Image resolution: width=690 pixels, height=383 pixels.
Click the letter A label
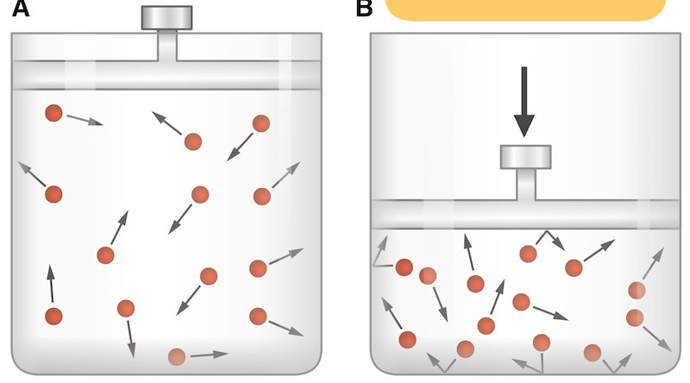click(x=20, y=9)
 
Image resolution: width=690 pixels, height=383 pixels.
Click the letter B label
click(x=364, y=9)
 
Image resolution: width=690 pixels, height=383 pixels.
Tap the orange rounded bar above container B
click(x=525, y=9)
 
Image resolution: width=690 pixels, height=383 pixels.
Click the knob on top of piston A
click(x=166, y=17)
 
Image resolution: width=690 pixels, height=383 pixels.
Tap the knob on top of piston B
click(x=525, y=157)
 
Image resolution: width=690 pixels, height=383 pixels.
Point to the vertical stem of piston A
click(x=166, y=45)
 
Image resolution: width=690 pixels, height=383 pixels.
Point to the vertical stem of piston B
click(x=525, y=184)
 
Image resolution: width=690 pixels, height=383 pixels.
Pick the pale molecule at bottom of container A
click(x=177, y=356)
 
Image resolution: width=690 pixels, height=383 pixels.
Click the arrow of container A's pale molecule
click(x=209, y=354)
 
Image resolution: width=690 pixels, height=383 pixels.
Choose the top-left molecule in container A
click(x=53, y=113)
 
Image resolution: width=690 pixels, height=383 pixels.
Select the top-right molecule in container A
click(x=261, y=123)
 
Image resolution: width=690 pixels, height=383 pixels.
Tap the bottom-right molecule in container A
click(x=258, y=317)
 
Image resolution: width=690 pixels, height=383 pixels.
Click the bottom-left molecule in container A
click(x=53, y=317)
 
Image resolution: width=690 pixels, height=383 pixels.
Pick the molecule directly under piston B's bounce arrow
click(x=528, y=254)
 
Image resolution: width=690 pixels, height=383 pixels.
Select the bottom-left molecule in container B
click(x=408, y=339)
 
